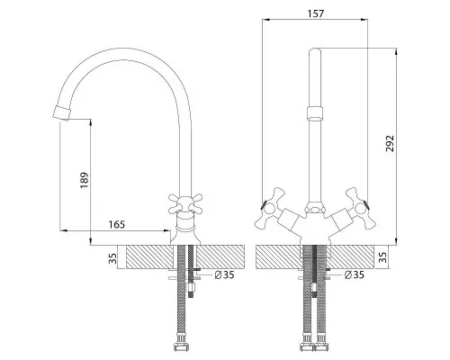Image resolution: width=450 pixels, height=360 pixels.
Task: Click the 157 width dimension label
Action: [x=316, y=13]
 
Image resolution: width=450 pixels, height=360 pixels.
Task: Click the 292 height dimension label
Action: [x=390, y=144]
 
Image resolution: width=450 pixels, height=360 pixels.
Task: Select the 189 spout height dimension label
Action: [x=85, y=180]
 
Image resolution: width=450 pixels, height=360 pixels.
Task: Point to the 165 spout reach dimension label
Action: [x=116, y=224]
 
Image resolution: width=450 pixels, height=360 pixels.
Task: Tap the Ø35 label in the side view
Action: [x=224, y=274]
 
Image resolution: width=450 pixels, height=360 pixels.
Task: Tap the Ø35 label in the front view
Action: [x=355, y=274]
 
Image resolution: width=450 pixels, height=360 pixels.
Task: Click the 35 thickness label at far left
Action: [x=112, y=258]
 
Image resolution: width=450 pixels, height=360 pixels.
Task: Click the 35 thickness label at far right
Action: [x=382, y=257]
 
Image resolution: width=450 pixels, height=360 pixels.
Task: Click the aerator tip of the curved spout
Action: [x=61, y=113]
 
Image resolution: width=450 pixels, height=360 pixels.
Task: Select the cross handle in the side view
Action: [x=185, y=204]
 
